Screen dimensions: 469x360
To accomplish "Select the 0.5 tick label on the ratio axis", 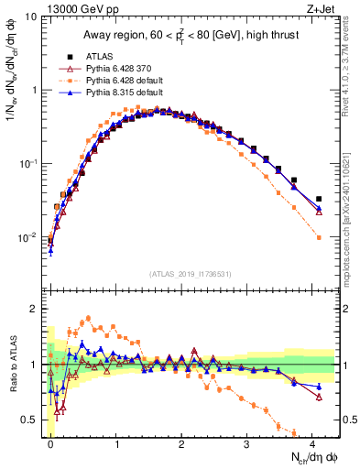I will coord(32,420).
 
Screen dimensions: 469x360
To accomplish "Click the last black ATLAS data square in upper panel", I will coord(319,199).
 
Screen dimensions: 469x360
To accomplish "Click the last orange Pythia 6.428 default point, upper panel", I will coord(319,237).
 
